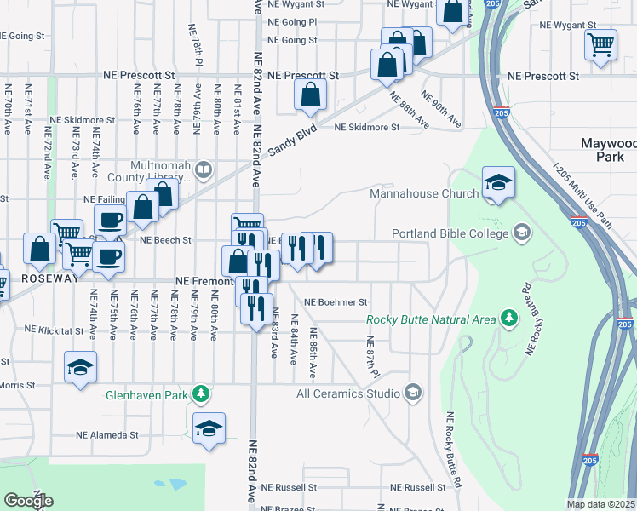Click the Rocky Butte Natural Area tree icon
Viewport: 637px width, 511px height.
point(509,319)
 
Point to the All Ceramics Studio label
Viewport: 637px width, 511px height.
point(347,393)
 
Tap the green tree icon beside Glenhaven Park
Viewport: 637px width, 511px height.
point(200,394)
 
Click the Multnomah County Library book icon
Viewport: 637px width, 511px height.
point(203,169)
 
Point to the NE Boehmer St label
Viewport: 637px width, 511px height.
point(335,302)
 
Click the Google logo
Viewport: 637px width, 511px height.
point(28,501)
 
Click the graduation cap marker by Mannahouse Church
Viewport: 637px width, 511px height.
point(497,182)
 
